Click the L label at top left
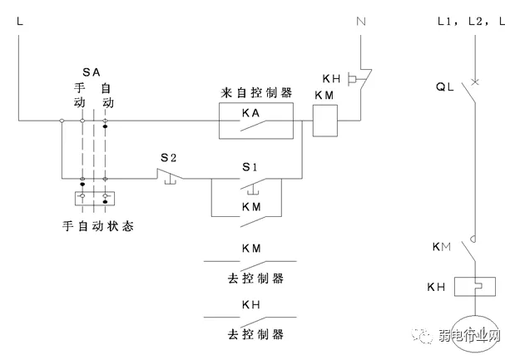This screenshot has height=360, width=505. click(x=18, y=19)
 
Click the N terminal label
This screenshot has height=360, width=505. click(x=361, y=19)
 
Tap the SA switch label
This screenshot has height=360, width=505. click(x=92, y=72)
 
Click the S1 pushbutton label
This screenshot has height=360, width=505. click(x=250, y=165)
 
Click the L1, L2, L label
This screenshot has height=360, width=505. click(x=470, y=19)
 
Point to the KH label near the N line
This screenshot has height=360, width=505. click(x=332, y=78)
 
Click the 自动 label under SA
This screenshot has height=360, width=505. click(x=106, y=94)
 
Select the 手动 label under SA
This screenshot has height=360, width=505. click(x=81, y=94)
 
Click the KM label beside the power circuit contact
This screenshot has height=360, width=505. click(x=442, y=247)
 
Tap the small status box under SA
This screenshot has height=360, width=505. click(x=93, y=199)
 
